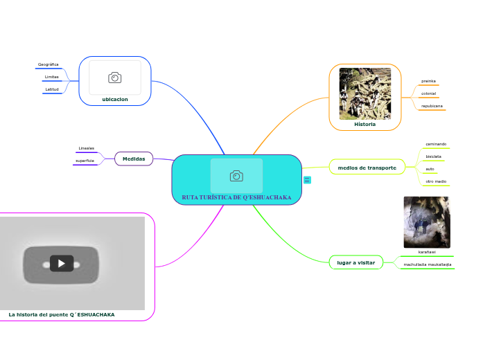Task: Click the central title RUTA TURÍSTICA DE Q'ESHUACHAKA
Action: click(x=236, y=197)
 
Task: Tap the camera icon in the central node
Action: click(x=236, y=176)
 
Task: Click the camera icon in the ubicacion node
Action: click(x=115, y=78)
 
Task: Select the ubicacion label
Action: click(x=115, y=99)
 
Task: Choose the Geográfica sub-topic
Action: click(x=49, y=64)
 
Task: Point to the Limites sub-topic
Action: click(x=52, y=77)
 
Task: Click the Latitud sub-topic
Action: click(x=52, y=89)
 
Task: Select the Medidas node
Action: click(x=134, y=159)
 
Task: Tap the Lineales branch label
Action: click(x=87, y=148)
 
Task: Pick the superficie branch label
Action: click(x=85, y=161)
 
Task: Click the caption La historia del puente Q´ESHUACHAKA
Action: click(x=62, y=314)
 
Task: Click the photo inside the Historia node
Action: click(x=365, y=93)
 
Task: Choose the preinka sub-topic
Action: click(x=428, y=81)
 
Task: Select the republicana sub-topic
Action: click(x=432, y=106)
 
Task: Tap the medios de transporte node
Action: click(x=367, y=168)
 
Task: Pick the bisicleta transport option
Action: click(x=434, y=156)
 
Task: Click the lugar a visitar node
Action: click(x=355, y=262)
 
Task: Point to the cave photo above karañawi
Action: click(x=426, y=222)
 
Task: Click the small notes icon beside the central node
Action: click(x=307, y=180)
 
